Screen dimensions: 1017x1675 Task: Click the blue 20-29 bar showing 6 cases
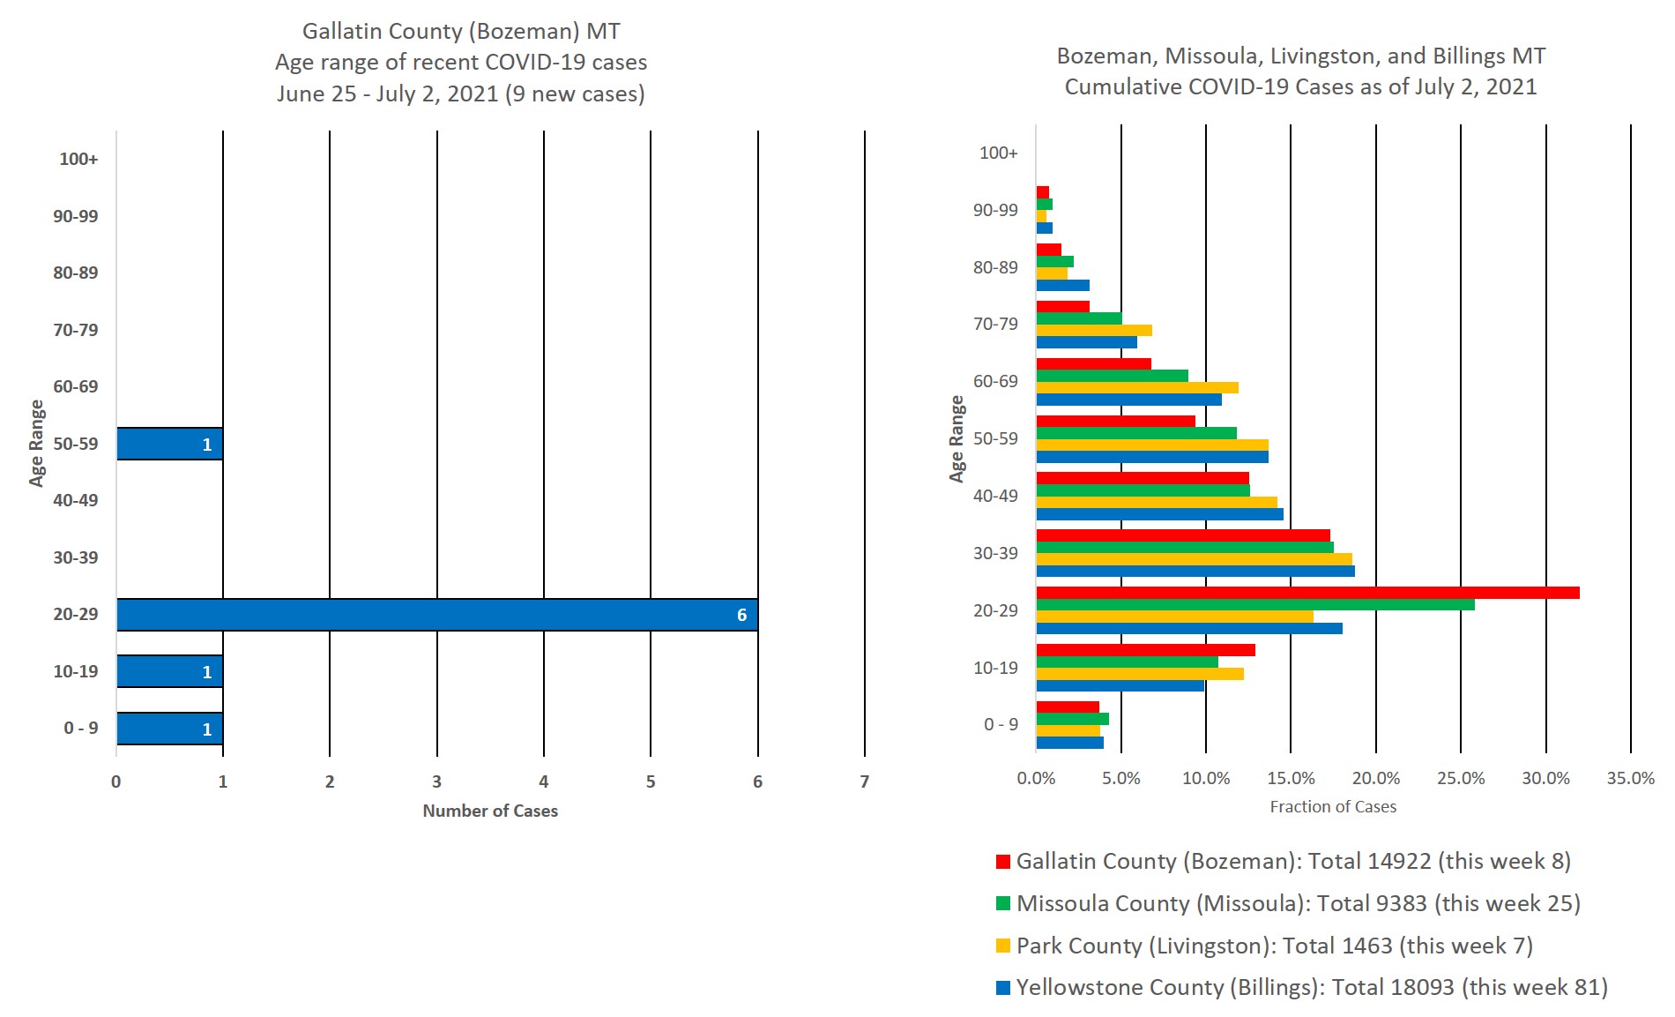click(x=436, y=615)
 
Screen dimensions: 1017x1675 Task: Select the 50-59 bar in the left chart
click(x=169, y=444)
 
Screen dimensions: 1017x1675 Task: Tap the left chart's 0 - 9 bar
click(x=169, y=729)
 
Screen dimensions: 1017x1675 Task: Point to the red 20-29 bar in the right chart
click(x=1307, y=593)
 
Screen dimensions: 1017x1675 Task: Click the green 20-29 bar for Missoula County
click(x=1254, y=605)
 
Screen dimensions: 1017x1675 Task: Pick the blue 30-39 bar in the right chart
click(x=1195, y=571)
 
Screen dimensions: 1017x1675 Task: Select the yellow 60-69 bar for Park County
click(x=1137, y=387)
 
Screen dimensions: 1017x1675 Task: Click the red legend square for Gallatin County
click(x=1002, y=862)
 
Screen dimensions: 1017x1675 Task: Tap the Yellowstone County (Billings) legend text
click(x=1312, y=987)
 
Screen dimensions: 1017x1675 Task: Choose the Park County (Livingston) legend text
click(x=1274, y=946)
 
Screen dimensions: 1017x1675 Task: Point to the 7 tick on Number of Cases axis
click(x=864, y=781)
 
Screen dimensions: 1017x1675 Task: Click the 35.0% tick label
click(x=1630, y=778)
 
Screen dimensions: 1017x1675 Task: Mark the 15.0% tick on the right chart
click(x=1291, y=778)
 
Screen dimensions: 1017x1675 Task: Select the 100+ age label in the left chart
click(x=78, y=160)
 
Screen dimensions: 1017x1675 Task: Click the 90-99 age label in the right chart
click(x=995, y=210)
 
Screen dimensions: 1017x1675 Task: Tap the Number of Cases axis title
click(x=490, y=811)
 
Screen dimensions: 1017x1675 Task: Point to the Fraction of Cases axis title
click(x=1333, y=806)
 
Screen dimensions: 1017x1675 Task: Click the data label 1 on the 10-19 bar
click(x=207, y=672)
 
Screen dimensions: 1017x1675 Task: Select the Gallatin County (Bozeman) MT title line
click(x=461, y=32)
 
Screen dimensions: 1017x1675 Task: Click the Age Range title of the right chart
click(x=957, y=438)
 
